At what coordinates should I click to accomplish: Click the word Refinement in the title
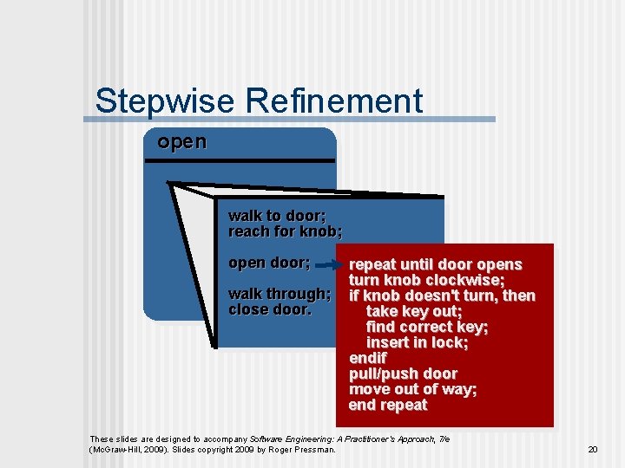pyautogui.click(x=333, y=101)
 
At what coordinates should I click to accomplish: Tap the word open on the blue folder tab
pyautogui.click(x=181, y=142)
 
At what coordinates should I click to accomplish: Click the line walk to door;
pyautogui.click(x=277, y=216)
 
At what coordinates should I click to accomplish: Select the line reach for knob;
pyautogui.click(x=285, y=231)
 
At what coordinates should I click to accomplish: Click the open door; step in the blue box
pyautogui.click(x=269, y=263)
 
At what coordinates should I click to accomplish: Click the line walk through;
pyautogui.click(x=279, y=294)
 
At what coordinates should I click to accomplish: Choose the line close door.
pyautogui.click(x=269, y=309)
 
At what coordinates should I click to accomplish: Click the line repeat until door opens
pyautogui.click(x=435, y=264)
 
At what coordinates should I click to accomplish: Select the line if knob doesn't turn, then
pyautogui.click(x=441, y=296)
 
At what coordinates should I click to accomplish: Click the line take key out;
pyautogui.click(x=413, y=311)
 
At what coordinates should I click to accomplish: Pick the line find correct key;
pyautogui.click(x=426, y=327)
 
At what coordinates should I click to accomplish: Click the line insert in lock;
pyautogui.click(x=417, y=342)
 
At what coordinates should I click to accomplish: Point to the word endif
pyautogui.click(x=367, y=358)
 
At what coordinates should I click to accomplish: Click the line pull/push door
pyautogui.click(x=403, y=374)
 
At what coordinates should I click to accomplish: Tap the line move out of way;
pyautogui.click(x=412, y=389)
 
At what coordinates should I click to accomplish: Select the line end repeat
pyautogui.click(x=388, y=405)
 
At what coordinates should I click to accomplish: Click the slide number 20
pyautogui.click(x=593, y=449)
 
